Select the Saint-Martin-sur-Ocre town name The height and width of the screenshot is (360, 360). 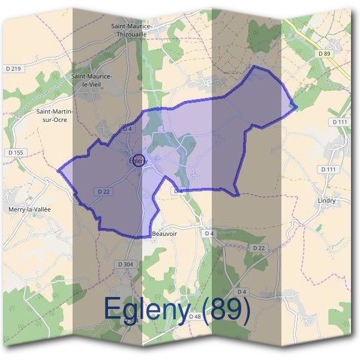[55, 115]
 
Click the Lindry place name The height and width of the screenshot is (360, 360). [325, 201]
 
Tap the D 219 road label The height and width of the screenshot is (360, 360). [13, 69]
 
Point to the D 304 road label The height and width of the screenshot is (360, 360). [125, 264]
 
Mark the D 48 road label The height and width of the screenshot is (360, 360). [195, 316]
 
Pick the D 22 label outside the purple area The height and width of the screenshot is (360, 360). [259, 248]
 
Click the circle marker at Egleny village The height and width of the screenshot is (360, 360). [139, 160]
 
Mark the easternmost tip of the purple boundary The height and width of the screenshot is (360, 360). [297, 107]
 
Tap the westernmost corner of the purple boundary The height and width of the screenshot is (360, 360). [58, 170]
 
